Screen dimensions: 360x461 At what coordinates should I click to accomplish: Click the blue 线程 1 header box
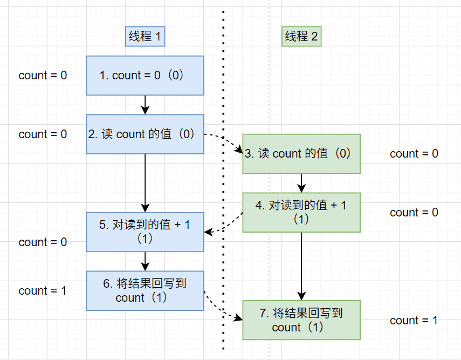145,37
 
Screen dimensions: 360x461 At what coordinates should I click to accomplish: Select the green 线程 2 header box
301,37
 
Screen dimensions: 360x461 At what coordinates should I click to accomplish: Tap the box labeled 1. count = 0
145,76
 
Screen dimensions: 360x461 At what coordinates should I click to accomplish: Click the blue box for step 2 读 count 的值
145,134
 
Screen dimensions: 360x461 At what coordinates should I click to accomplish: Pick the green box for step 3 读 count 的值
301,154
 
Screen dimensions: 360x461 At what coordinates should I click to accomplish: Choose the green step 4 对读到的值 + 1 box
301,212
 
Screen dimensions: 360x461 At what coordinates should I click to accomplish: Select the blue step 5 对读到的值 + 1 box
145,232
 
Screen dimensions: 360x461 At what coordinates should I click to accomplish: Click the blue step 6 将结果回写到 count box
145,290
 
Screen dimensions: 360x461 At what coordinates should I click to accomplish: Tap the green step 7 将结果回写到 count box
301,320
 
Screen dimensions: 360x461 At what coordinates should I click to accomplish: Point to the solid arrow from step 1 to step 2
145,105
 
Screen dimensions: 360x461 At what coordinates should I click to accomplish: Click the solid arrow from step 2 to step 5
145,183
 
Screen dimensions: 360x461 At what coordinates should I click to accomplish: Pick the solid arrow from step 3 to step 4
301,183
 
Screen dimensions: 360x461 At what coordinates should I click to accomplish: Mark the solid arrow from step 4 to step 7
301,266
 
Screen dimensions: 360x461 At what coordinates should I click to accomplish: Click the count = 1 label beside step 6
43,291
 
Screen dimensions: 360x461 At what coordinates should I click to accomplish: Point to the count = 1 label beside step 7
414,321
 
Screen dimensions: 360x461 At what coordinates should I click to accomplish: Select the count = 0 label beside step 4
414,213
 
